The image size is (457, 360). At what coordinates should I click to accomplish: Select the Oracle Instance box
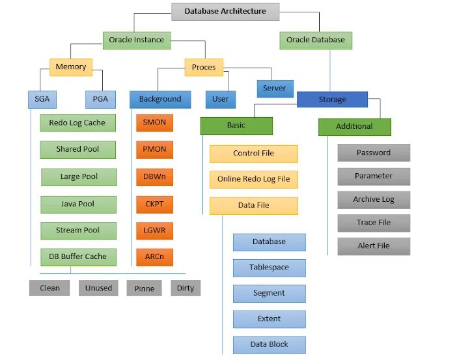tap(136, 40)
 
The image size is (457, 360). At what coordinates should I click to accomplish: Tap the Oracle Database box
tap(316, 40)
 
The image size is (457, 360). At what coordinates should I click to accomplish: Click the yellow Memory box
tap(71, 66)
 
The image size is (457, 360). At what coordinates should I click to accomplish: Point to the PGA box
tap(100, 100)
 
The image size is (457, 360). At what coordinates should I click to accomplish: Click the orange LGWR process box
tap(155, 230)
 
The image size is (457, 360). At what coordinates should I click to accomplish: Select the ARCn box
tap(155, 256)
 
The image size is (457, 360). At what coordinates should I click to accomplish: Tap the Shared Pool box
tap(78, 149)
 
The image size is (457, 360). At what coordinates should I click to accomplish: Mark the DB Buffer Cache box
tap(78, 256)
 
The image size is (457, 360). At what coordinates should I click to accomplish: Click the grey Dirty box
tap(186, 288)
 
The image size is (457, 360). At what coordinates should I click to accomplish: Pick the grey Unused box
tap(99, 288)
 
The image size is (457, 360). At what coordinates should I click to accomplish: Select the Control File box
tap(254, 154)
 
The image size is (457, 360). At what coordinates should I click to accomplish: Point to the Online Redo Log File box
tap(254, 179)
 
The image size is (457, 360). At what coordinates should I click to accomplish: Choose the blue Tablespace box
tap(269, 268)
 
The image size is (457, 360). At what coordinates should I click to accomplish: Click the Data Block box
tap(269, 344)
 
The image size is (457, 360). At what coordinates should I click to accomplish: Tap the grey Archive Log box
tap(374, 199)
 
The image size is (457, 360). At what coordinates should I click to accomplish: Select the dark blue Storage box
tap(333, 100)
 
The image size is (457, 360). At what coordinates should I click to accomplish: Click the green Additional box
tap(354, 126)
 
